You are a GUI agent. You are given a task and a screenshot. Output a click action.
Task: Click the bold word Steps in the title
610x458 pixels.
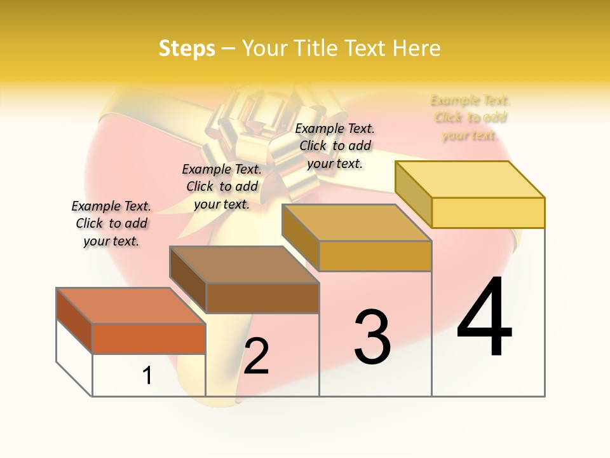(x=187, y=48)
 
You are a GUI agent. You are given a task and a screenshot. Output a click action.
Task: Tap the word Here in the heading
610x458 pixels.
(x=417, y=48)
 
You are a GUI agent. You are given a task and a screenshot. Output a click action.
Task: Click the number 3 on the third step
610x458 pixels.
(x=372, y=337)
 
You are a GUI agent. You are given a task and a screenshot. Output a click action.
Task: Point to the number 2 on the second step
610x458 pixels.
(x=256, y=356)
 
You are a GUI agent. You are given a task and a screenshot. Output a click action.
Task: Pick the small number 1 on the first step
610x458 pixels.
(x=147, y=375)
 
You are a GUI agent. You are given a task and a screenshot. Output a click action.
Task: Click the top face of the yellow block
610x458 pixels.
(x=470, y=179)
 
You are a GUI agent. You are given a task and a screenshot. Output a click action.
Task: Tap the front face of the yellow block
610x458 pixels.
(x=488, y=212)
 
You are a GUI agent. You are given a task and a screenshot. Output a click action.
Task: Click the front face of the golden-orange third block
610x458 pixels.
(x=375, y=256)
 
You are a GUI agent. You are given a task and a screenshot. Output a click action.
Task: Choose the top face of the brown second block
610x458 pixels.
(x=244, y=265)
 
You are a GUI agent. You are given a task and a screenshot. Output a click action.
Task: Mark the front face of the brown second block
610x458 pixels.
(x=262, y=298)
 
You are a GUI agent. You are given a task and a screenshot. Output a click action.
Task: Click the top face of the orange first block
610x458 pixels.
(x=131, y=306)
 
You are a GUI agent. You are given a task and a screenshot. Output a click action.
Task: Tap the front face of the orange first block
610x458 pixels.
(x=149, y=338)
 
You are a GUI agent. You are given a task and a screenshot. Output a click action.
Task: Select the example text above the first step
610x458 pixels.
(x=111, y=223)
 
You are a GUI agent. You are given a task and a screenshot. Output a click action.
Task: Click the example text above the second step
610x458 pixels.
(x=222, y=186)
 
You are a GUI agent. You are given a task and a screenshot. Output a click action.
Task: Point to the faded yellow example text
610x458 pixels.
(x=470, y=118)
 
